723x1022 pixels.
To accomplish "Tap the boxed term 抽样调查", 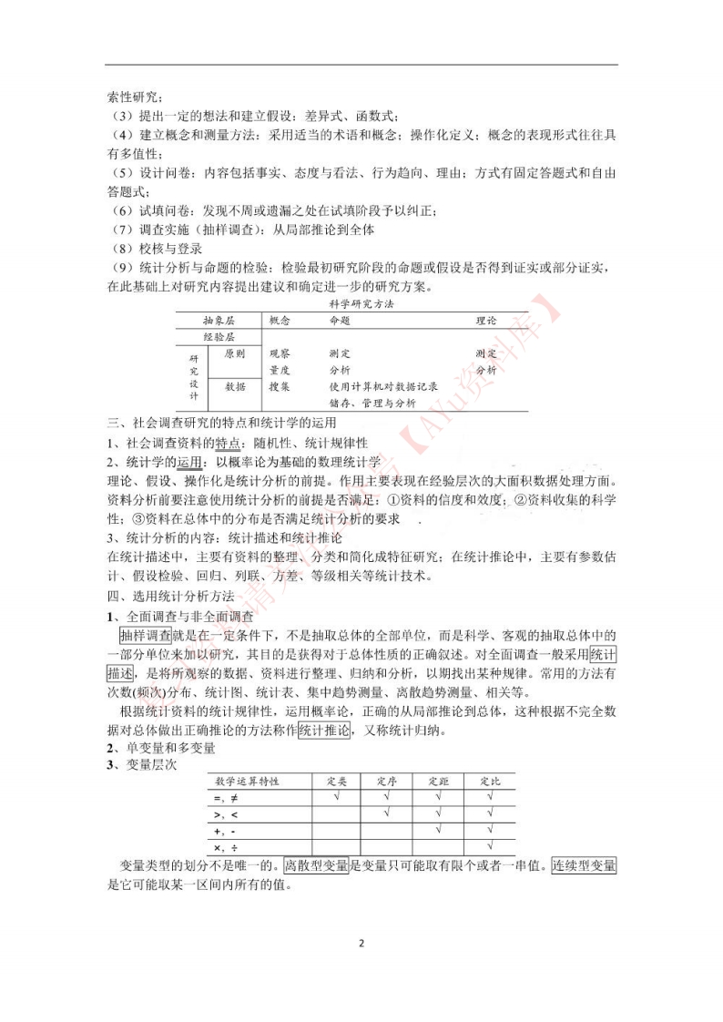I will pyautogui.click(x=146, y=635).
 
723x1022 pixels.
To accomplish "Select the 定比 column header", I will pyautogui.click(x=490, y=781).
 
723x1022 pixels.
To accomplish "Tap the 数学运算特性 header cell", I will pyautogui.click(x=247, y=781).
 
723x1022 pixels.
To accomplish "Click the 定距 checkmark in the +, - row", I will pyautogui.click(x=439, y=830).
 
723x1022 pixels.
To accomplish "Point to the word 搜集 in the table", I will pyautogui.click(x=280, y=386).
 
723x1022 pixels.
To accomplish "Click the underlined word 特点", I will pyautogui.click(x=228, y=443).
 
